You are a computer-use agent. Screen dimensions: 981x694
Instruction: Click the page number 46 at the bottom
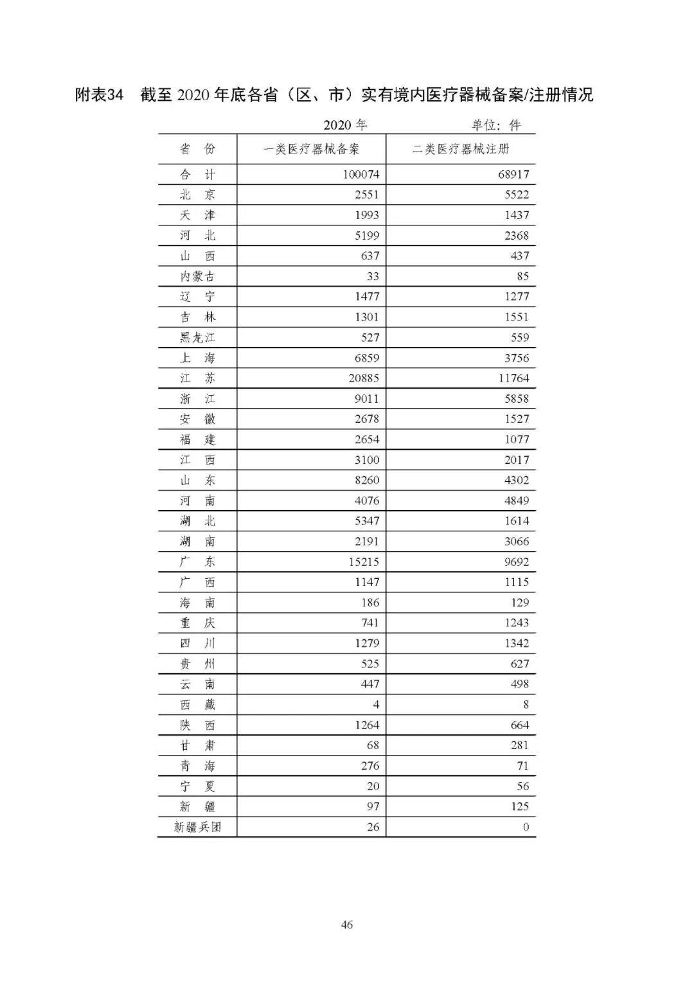coord(347,925)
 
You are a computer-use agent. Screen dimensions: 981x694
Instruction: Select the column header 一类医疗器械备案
coord(312,150)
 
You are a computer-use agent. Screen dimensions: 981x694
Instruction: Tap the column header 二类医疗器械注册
coord(461,150)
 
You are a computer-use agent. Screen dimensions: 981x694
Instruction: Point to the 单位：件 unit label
coord(496,125)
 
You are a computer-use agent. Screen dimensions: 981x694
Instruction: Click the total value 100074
coord(360,174)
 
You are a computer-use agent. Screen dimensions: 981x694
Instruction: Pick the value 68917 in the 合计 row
coord(513,174)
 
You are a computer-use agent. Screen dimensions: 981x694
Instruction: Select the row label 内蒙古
coord(197,276)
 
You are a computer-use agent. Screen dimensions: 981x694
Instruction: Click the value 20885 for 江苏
coord(364,378)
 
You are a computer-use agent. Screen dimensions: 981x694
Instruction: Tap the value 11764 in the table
coord(513,378)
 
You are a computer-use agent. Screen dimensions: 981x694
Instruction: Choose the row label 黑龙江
coord(197,337)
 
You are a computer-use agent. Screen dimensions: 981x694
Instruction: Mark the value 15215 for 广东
coord(364,562)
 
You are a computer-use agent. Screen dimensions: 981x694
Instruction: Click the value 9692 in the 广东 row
coord(517,562)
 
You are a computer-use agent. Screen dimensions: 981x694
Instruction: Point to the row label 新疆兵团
coord(197,827)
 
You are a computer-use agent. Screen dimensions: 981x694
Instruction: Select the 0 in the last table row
coord(526,827)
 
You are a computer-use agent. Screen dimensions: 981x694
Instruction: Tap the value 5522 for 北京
coord(517,195)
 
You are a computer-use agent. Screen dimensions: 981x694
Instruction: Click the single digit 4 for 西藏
coord(376,705)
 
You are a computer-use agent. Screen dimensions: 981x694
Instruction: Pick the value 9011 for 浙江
coord(367,399)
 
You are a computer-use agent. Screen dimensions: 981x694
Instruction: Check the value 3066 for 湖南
coord(517,542)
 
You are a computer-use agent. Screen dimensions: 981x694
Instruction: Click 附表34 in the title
coord(99,95)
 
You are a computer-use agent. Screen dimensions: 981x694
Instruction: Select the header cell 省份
coord(197,150)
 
